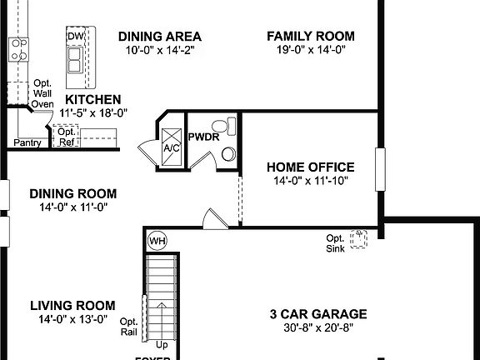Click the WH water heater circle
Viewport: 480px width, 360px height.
pyautogui.click(x=156, y=241)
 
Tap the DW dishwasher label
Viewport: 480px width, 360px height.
pyautogui.click(x=76, y=37)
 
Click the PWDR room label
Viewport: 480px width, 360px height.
pyautogui.click(x=202, y=136)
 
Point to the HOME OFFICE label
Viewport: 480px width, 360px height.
pyautogui.click(x=310, y=167)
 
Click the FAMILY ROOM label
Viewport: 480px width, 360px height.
pyautogui.click(x=310, y=36)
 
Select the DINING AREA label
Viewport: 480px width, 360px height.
pyautogui.click(x=160, y=36)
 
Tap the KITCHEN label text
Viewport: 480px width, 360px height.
pyautogui.click(x=98, y=99)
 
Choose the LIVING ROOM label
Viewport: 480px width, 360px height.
pyautogui.click(x=72, y=305)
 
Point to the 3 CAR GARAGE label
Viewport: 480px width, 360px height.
pyautogui.click(x=317, y=314)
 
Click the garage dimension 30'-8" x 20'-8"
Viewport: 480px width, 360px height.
pyautogui.click(x=317, y=327)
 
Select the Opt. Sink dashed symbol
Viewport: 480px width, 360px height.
pyautogui.click(x=359, y=239)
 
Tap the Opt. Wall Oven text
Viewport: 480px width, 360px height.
pyautogui.click(x=42, y=93)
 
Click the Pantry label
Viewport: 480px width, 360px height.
pyautogui.click(x=27, y=142)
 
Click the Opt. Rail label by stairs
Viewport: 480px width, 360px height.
pyautogui.click(x=129, y=326)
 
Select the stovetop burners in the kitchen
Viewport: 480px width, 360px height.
pyautogui.click(x=18, y=49)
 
